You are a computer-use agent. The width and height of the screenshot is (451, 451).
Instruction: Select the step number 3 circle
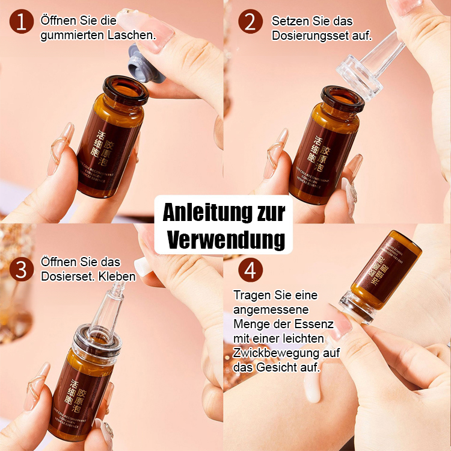click(22, 269)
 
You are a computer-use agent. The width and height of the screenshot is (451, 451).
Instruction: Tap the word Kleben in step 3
click(118, 277)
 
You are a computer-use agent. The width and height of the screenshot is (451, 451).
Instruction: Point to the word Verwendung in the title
click(226, 239)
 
